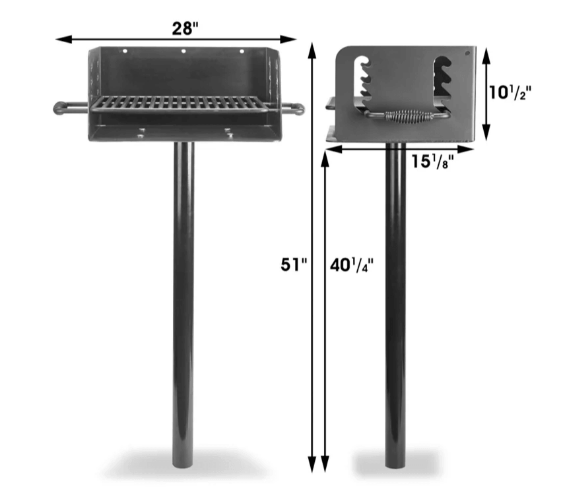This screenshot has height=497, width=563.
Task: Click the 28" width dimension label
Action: point(185,28)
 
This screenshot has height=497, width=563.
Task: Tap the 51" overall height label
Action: point(294,265)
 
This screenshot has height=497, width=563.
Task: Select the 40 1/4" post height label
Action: point(352,266)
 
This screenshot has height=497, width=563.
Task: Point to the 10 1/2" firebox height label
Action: point(510,93)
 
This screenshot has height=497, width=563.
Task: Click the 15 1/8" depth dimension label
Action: point(432,161)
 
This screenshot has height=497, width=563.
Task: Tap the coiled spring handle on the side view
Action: point(409,117)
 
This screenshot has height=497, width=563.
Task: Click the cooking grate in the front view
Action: point(179,104)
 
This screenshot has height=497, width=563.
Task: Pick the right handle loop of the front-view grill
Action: point(293,109)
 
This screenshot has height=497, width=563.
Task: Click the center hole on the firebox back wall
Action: point(183,51)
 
